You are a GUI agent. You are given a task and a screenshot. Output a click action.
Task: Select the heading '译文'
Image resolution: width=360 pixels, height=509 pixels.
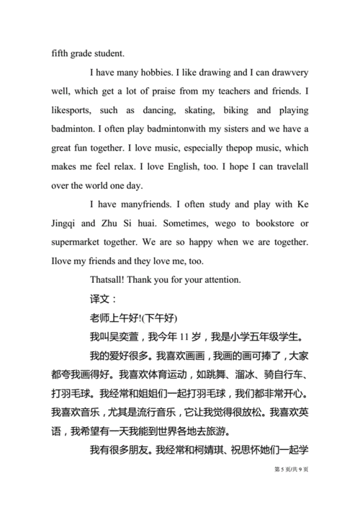[99, 298]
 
